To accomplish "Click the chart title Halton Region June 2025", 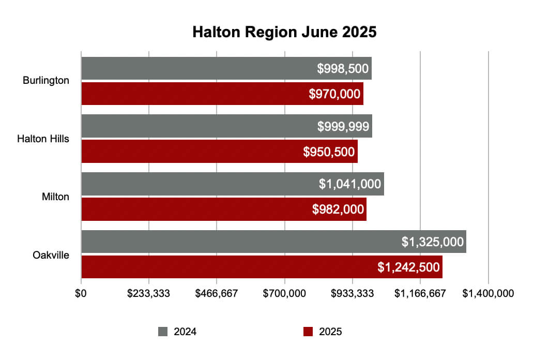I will pos(284,32).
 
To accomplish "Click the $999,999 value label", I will pos(343,126).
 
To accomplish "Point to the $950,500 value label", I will pos(329,152).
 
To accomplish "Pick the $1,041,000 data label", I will pos(350,184).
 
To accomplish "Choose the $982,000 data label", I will pos(338,209).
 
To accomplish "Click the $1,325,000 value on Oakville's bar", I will pos(432,242).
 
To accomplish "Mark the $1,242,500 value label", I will pos(408,267).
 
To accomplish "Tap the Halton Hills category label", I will pos(43,139).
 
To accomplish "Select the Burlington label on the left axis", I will pos(46,81).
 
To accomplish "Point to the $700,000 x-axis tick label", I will pos(284,293).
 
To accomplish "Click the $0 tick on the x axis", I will pos(81,293).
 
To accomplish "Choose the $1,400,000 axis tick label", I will pos(488,293).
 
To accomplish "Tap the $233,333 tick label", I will pos(149,293).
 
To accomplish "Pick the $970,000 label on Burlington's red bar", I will pos(334,94).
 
